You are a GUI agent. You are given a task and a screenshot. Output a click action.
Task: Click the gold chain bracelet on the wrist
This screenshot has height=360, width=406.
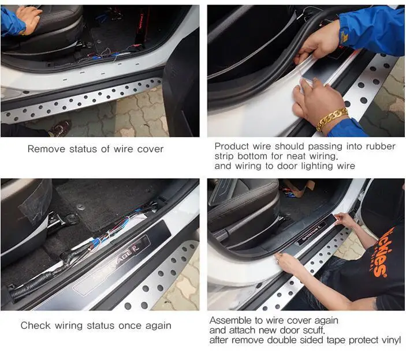[332, 119]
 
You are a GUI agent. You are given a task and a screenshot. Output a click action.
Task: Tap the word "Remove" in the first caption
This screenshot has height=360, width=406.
[46, 149]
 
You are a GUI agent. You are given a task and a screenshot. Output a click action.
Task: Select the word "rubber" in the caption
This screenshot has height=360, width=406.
[381, 147]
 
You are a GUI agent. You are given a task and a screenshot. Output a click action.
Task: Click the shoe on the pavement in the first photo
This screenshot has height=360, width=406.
[60, 127]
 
